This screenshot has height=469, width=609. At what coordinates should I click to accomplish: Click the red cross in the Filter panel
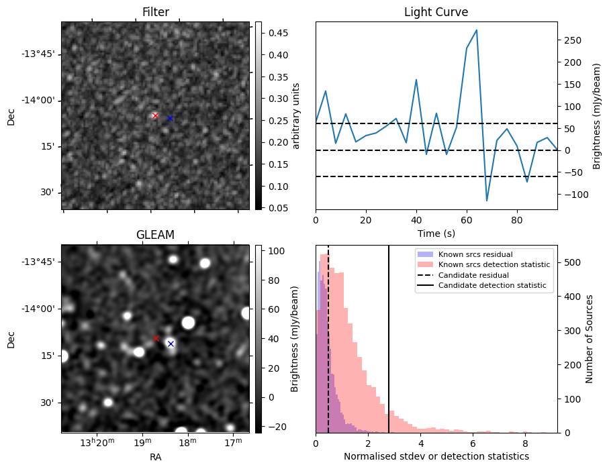tap(155, 115)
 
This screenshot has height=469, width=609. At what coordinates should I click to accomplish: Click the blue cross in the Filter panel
tap(170, 118)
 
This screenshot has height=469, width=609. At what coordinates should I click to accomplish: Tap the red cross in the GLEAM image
tap(156, 339)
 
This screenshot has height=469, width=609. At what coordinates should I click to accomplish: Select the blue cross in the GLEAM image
tap(171, 344)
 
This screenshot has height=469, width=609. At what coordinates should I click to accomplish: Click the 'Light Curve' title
tap(436, 12)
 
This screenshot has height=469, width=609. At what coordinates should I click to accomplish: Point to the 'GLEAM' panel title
tap(155, 235)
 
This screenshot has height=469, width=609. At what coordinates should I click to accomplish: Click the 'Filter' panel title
tap(155, 12)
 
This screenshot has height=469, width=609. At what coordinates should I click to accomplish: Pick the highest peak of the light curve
tap(476, 30)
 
